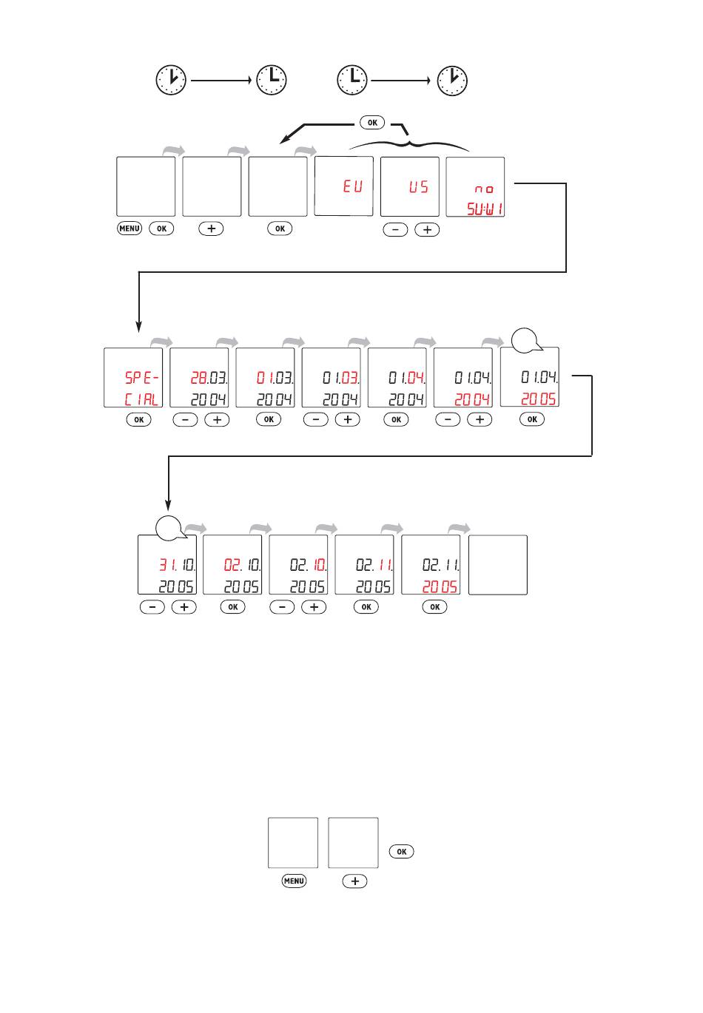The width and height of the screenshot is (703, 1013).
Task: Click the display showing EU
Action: (x=344, y=186)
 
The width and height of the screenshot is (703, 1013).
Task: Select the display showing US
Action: (x=410, y=187)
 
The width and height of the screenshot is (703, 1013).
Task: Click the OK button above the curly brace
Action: (x=372, y=122)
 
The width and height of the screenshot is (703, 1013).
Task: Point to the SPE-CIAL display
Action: (x=133, y=377)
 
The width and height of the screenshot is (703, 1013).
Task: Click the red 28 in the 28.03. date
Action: (x=199, y=378)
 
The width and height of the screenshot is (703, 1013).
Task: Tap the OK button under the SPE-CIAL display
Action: (x=138, y=419)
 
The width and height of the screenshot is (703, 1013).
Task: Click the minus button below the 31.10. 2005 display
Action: (x=152, y=607)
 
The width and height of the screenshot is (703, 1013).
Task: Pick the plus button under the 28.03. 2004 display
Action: (x=217, y=420)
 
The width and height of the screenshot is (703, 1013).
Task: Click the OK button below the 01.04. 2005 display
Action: (x=532, y=419)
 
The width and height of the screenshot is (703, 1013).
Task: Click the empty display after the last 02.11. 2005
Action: (x=498, y=565)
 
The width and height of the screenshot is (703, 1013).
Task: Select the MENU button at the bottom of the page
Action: (x=294, y=881)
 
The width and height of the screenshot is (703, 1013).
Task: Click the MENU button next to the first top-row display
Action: (x=129, y=228)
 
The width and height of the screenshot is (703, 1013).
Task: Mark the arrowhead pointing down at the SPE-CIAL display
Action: (x=138, y=328)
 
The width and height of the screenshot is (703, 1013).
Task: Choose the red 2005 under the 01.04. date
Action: (x=539, y=399)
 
